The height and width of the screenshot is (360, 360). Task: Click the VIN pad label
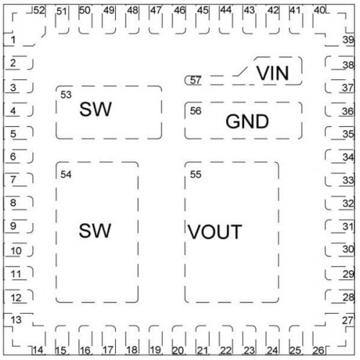point(273,73)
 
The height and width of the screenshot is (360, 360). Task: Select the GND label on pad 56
point(247,121)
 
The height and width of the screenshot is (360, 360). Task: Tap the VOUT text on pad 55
point(215,232)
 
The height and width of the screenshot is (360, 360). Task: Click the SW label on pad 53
point(96,109)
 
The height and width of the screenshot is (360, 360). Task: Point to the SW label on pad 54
point(95,230)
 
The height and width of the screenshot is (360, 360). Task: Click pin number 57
point(195,80)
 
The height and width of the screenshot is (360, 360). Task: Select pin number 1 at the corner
point(13,40)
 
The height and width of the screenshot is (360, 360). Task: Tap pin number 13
point(16,320)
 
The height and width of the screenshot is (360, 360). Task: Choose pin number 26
point(318,351)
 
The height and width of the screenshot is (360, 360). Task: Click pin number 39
point(348,40)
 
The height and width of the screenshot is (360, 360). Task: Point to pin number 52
point(39,11)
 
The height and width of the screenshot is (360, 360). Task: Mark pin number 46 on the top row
point(180,11)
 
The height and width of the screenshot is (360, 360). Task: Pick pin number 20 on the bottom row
point(178,351)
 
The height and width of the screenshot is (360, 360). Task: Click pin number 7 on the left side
point(13,179)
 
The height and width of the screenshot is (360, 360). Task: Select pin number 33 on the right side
point(348,180)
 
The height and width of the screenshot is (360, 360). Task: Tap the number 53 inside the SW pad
point(66,95)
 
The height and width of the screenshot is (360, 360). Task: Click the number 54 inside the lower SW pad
point(66,174)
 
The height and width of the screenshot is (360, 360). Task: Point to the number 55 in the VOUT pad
point(196,174)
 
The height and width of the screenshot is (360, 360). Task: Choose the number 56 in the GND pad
point(196,111)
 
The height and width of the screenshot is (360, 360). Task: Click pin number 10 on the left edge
point(16,251)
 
